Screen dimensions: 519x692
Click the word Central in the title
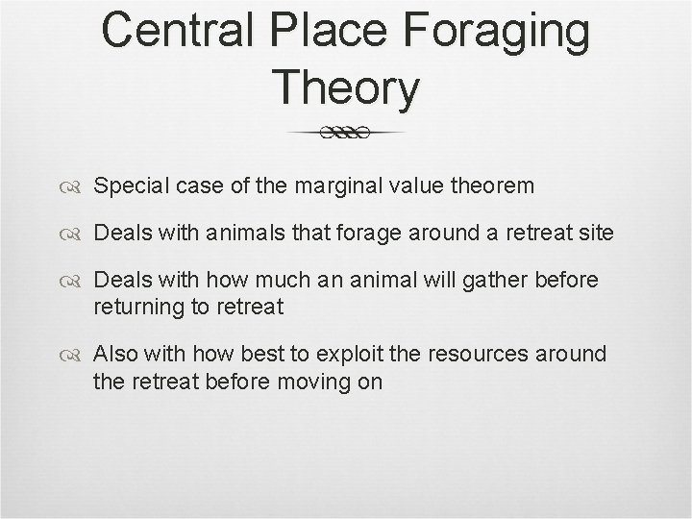point(182,31)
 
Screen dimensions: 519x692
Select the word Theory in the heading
point(346,88)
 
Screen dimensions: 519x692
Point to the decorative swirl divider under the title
point(346,133)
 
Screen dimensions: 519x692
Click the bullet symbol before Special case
point(77,186)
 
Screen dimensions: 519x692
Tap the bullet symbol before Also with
point(77,355)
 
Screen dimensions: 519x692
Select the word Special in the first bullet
point(130,185)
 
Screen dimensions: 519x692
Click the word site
point(595,233)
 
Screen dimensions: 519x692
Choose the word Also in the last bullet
point(116,355)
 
